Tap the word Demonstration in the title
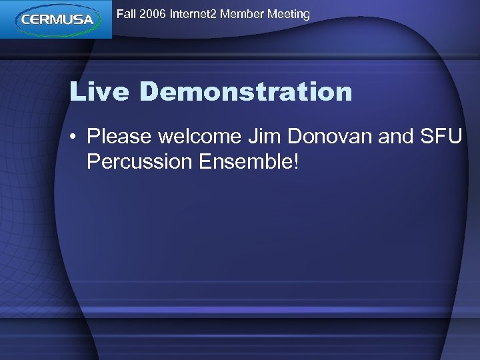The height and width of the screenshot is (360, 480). click(246, 92)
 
